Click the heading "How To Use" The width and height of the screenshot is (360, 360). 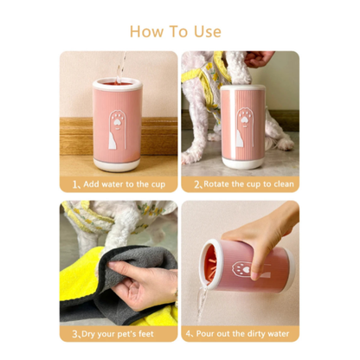coord(180,31)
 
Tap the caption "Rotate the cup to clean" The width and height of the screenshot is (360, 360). coord(243,184)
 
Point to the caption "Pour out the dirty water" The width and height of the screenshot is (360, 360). coord(243,333)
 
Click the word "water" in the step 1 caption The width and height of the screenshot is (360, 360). coord(115,184)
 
